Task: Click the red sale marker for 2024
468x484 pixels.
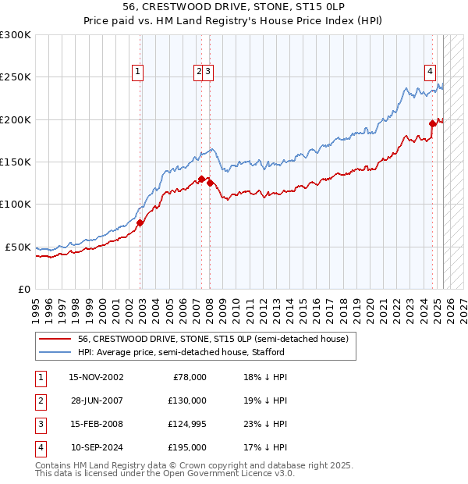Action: (x=432, y=123)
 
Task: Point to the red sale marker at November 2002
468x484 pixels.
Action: (x=140, y=222)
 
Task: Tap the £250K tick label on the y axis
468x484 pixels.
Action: (x=16, y=77)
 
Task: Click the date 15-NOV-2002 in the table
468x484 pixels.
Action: (x=96, y=377)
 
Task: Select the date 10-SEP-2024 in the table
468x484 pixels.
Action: (x=96, y=447)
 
